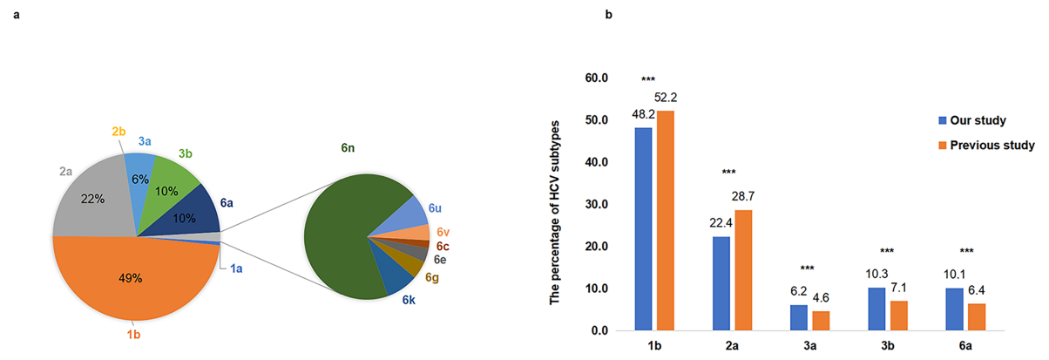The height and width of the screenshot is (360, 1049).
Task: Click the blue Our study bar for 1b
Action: (x=644, y=229)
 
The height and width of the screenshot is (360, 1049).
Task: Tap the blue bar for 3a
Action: (x=798, y=317)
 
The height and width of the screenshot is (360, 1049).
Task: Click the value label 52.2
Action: (x=666, y=96)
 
